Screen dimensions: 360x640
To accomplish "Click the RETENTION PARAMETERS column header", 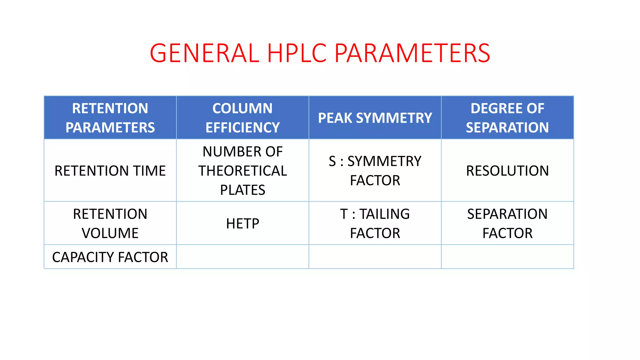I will tap(110, 118).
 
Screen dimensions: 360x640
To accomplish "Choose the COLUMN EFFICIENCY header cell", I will tap(242, 118).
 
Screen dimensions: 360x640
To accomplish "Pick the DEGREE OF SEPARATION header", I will tap(507, 118).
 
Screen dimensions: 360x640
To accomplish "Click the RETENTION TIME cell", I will tap(110, 171).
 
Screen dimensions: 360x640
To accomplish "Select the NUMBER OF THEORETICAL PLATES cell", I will tap(242, 171).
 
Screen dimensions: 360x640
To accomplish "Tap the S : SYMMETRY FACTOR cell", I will tap(375, 171).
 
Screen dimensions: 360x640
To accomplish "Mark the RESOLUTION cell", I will tap(507, 171).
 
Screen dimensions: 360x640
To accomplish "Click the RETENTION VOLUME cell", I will tap(110, 223).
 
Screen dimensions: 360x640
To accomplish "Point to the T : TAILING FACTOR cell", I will tap(375, 223).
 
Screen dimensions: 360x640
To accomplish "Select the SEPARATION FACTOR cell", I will tap(507, 223).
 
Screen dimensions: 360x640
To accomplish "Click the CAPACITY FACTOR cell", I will tap(110, 257).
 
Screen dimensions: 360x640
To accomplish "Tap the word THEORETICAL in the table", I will tap(242, 171).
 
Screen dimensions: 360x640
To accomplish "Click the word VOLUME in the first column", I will tap(110, 233).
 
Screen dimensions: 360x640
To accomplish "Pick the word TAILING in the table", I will tap(384, 214).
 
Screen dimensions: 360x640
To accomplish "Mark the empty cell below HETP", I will tap(242, 257).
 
